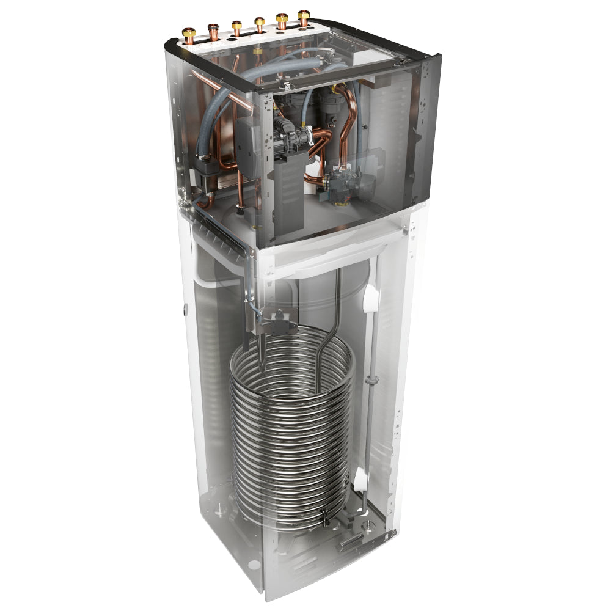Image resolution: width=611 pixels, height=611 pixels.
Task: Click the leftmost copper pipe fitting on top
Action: (x=189, y=34)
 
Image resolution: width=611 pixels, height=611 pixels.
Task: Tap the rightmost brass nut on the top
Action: (x=304, y=18)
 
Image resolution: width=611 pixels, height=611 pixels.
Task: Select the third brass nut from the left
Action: (x=236, y=27)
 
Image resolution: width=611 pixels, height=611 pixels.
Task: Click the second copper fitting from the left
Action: (x=213, y=31)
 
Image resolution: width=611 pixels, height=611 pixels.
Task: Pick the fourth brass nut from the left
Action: (x=260, y=24)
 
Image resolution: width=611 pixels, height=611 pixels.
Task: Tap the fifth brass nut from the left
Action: (x=282, y=21)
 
